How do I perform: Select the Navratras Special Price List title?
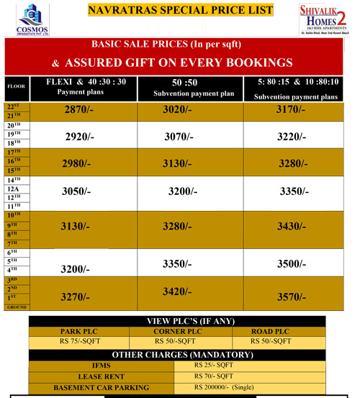click(180, 10)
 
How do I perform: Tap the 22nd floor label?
click(13, 106)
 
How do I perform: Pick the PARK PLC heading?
click(79, 331)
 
